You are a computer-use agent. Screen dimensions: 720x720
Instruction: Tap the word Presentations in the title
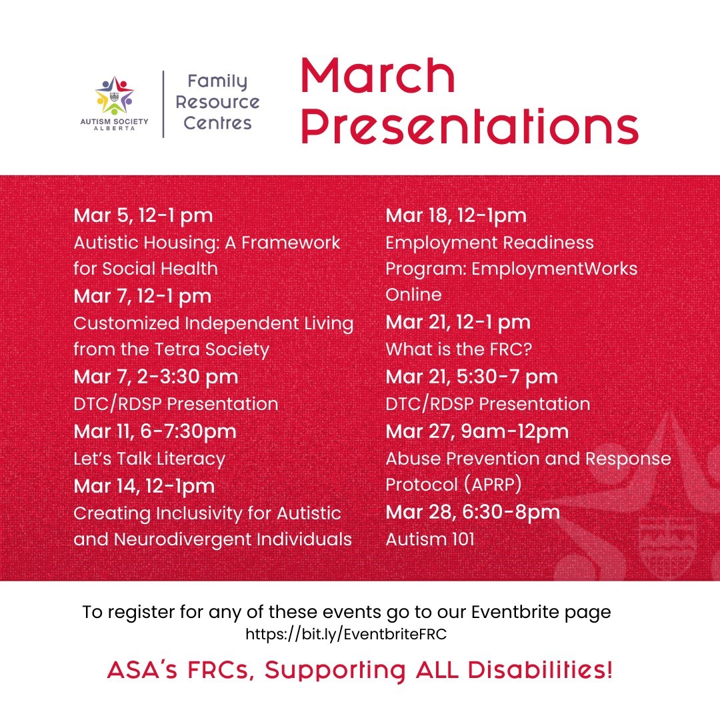pos(470,126)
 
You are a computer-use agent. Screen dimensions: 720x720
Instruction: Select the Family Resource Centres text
pos(217,102)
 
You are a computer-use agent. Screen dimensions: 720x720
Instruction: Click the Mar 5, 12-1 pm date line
pos(143,215)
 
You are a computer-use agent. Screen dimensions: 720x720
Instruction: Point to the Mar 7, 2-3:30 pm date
pos(155,377)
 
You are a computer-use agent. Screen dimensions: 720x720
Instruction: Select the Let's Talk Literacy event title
pos(149,458)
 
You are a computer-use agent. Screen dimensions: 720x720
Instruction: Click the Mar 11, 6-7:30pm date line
pos(155,431)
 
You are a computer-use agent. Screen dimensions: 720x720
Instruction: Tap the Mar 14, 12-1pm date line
pos(144,486)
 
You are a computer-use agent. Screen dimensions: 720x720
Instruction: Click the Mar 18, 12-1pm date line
pos(456,215)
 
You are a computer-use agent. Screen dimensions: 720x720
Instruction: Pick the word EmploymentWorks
pos(554,269)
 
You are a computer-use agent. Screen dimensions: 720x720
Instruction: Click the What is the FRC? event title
pos(459,349)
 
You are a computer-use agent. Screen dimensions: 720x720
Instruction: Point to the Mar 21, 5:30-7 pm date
pos(471,377)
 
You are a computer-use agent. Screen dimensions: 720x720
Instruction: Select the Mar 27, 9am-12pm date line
pos(477,431)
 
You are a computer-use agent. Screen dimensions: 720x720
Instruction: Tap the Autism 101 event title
pos(430,539)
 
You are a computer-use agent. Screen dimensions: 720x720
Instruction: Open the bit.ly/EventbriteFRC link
pos(346,634)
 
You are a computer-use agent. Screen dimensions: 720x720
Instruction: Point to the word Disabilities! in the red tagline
pos(540,670)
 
